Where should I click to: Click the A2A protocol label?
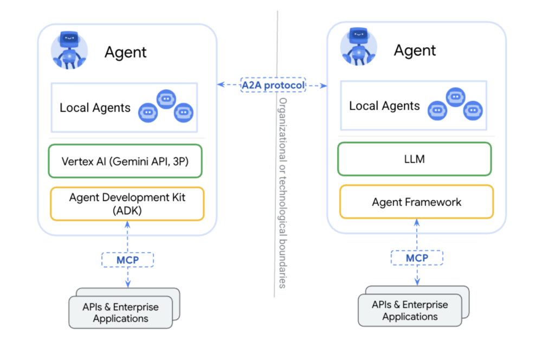click(273, 85)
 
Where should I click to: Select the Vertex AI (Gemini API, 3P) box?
click(125, 160)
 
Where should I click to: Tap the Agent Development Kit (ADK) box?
click(127, 204)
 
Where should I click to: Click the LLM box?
click(414, 159)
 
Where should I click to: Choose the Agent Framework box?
click(416, 202)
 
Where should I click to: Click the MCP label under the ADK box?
click(127, 260)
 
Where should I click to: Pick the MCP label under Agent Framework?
click(417, 258)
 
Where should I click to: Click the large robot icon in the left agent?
click(69, 49)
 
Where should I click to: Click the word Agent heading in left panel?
click(125, 52)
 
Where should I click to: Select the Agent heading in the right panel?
click(415, 50)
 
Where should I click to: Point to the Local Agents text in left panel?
click(95, 107)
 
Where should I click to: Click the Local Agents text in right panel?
click(384, 106)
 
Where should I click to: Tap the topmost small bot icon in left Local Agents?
click(166, 99)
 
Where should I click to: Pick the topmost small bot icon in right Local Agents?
click(455, 97)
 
